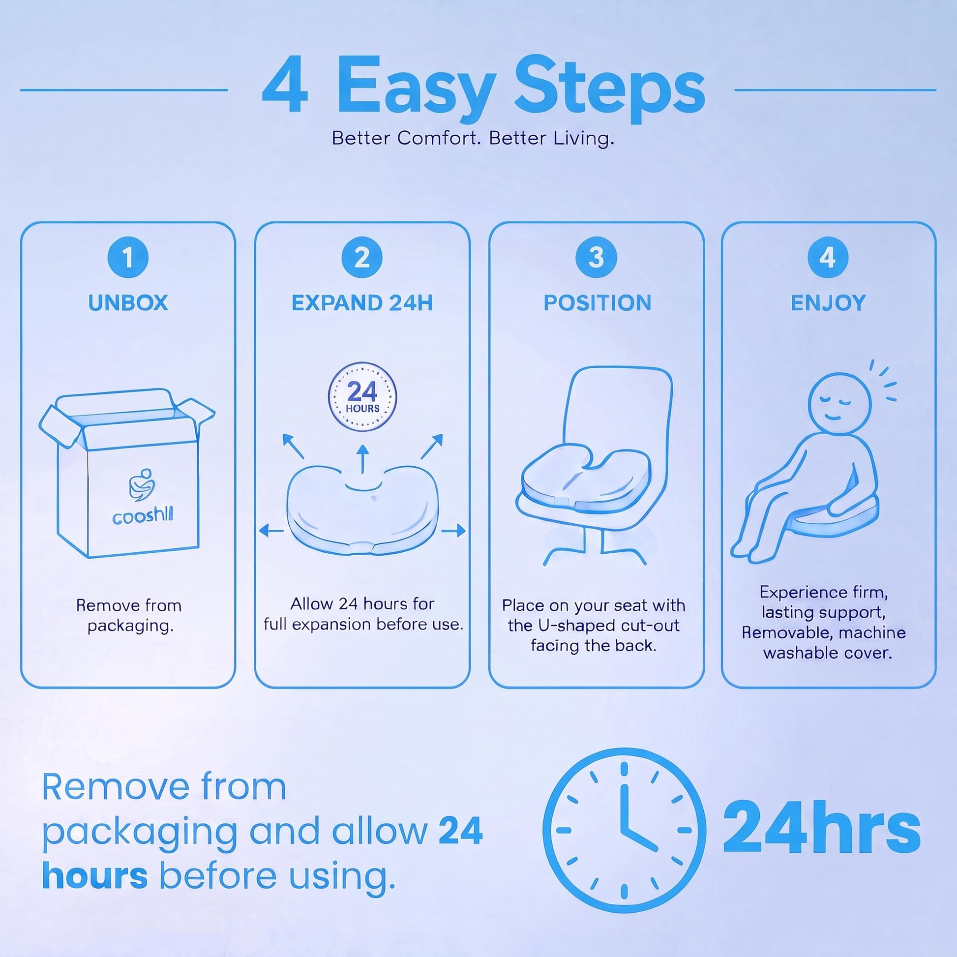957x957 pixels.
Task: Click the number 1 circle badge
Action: click(128, 258)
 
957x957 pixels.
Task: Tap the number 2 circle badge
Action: click(362, 258)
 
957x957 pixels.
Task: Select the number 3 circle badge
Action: click(597, 258)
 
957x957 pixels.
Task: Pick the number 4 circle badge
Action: click(828, 258)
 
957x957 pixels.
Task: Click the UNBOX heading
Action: click(128, 303)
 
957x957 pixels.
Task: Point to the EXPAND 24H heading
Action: click(362, 303)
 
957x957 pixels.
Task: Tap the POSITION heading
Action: click(598, 303)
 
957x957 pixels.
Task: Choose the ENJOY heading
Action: click(828, 303)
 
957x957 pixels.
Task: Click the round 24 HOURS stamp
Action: click(362, 397)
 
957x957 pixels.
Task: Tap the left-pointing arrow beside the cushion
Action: click(271, 531)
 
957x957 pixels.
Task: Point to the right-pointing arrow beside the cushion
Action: click(453, 531)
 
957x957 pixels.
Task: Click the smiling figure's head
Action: click(839, 404)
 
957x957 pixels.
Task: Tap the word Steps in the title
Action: click(610, 89)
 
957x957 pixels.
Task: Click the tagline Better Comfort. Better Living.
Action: click(473, 138)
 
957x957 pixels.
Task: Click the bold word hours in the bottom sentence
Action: click(94, 875)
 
